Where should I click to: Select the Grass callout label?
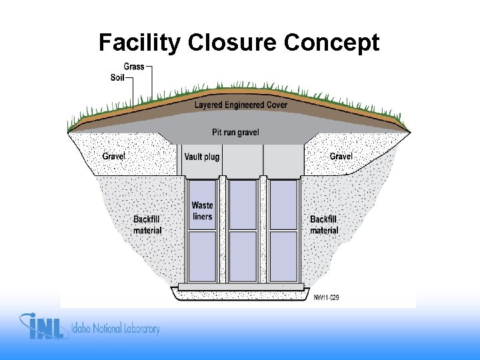pos(134,67)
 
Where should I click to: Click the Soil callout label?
pos(117,77)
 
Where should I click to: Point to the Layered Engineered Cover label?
pos(241,105)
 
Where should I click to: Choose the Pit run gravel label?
pos(235,133)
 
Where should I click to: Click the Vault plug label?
pos(202,157)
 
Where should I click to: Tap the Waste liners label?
pos(202,211)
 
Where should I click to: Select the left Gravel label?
pos(114,156)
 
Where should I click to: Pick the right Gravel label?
pos(341,156)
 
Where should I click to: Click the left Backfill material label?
pos(147,225)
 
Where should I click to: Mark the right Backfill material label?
pos(324,225)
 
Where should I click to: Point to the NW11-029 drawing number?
pos(327,297)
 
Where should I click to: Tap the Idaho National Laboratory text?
pos(117,329)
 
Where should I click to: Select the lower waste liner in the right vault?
pos(283,256)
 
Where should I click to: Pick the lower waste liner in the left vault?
pos(202,256)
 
